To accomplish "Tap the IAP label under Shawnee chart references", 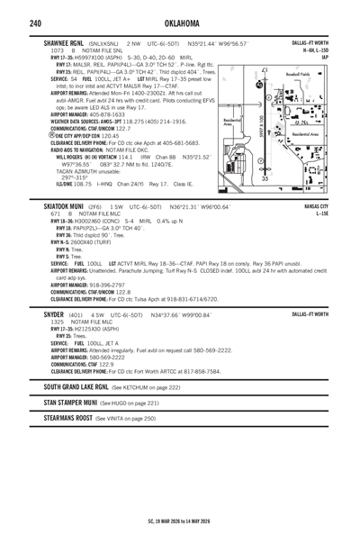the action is click(x=324, y=58).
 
